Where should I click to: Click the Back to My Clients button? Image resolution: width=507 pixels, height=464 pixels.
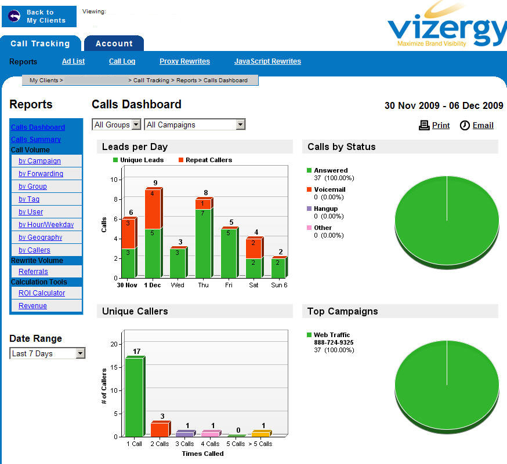(39, 16)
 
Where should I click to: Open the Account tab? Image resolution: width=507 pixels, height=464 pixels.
(114, 43)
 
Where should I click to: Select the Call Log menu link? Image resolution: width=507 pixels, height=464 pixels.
(122, 61)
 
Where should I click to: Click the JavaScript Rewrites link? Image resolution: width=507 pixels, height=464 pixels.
(267, 61)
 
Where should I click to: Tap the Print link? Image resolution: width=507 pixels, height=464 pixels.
(440, 125)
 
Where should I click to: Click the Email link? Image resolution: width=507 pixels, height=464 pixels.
(483, 125)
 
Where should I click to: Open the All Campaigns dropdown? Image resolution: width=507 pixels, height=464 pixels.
(195, 125)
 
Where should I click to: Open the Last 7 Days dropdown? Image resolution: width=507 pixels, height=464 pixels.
(48, 353)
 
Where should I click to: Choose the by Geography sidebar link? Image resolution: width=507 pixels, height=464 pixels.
(40, 238)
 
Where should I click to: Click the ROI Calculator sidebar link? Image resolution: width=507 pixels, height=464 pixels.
(42, 293)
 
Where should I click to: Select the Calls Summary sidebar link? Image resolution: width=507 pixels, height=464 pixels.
(35, 140)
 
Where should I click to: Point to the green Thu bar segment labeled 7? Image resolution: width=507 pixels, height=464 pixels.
(203, 243)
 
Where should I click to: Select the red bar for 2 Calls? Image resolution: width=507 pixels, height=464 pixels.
(159, 429)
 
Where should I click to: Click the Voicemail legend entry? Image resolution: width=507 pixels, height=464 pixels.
(329, 189)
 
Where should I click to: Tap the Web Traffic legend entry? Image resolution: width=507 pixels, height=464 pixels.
(332, 335)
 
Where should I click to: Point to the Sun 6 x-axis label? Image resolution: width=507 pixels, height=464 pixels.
(278, 285)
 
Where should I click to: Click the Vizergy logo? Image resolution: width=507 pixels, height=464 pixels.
(447, 26)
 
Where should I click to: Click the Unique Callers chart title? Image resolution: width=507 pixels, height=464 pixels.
(135, 311)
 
